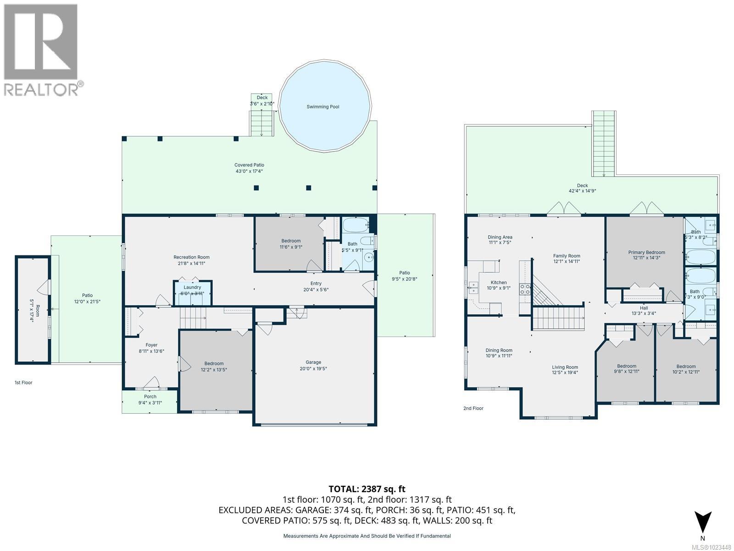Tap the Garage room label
coord(314,362)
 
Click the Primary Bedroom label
coord(646,252)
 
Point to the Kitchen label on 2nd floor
coord(499,282)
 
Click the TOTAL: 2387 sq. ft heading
coord(367,489)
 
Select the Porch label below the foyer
coord(150,397)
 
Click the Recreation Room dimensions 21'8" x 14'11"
coord(191,264)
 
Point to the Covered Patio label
coord(249,165)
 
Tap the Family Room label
coord(567,256)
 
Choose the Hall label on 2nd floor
coord(644,308)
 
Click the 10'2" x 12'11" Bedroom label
coord(686,366)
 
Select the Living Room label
coord(565,367)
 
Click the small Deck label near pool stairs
coord(262,98)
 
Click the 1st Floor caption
coord(23,382)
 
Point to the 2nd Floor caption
coord(473,408)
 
